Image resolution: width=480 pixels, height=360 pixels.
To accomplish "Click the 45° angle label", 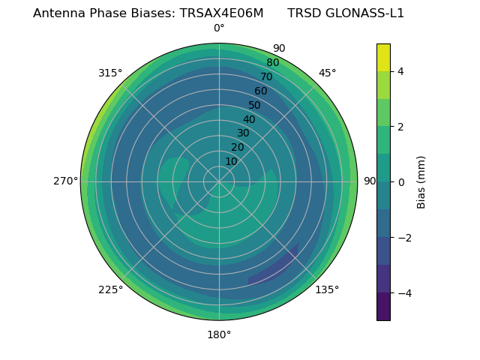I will (327, 73).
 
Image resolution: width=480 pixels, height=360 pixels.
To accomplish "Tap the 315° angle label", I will (110, 73).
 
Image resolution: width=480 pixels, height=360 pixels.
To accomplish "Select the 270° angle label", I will (66, 181).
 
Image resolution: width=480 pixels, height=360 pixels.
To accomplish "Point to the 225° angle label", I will (110, 289).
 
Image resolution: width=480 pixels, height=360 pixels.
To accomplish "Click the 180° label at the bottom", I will (219, 334).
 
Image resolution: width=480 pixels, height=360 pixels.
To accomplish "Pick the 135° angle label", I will (327, 289).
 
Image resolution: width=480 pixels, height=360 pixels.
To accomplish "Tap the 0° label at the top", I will (219, 28).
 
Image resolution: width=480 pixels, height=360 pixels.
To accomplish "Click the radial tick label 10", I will (231, 161).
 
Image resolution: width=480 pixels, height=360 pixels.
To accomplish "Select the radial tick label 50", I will (255, 105).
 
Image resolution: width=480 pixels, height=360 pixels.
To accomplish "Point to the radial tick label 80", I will (272, 62).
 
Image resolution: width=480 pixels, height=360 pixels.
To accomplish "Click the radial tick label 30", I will (243, 133).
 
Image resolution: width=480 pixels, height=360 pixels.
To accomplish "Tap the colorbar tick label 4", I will (401, 71).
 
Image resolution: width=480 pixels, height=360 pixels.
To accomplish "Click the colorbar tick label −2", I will (401, 238).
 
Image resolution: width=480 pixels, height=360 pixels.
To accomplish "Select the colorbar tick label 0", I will (401, 182).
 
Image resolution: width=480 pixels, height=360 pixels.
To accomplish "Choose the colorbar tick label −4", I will (401, 293).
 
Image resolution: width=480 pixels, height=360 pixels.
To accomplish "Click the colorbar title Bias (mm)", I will (421, 182).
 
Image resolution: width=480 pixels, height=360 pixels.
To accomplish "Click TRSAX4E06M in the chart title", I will (221, 13).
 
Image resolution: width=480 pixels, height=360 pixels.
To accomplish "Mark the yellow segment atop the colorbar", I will (383, 57).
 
